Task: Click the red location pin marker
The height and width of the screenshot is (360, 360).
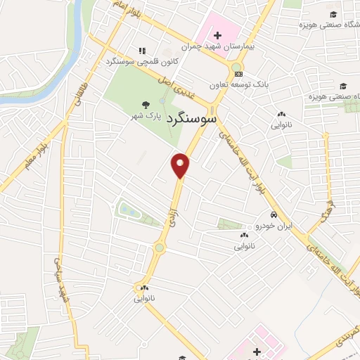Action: point(181,165)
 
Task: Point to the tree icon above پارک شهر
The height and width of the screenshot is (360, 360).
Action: point(145,103)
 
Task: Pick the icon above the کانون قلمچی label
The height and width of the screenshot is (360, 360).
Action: point(141,51)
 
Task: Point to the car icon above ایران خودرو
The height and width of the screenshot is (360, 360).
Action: point(273,215)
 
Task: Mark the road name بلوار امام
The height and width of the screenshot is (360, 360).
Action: point(122,12)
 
